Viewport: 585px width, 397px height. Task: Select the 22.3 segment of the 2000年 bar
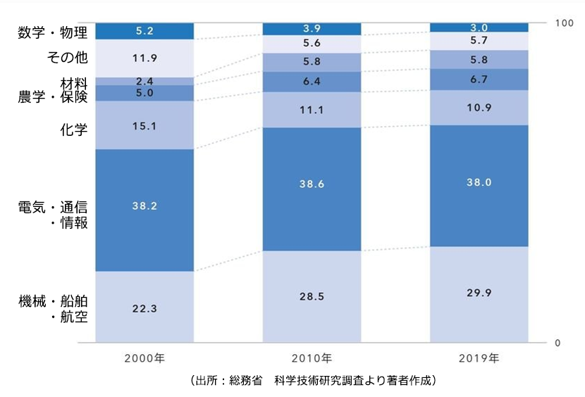pos(144,308)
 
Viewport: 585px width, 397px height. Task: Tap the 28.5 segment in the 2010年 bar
pos(312,296)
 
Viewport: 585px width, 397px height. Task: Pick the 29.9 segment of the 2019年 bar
pos(479,293)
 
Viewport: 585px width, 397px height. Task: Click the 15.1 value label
pos(144,126)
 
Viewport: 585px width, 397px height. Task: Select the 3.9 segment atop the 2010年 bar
pos(312,28)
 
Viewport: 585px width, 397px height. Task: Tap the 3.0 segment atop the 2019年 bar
pos(479,27)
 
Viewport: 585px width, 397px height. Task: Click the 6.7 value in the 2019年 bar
pos(479,79)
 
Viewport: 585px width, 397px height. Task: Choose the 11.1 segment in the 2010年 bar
pos(312,110)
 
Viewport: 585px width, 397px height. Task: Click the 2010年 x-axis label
pos(312,358)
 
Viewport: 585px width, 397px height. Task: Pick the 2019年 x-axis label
pos(479,358)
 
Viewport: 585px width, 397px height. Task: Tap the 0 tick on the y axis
pos(558,343)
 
